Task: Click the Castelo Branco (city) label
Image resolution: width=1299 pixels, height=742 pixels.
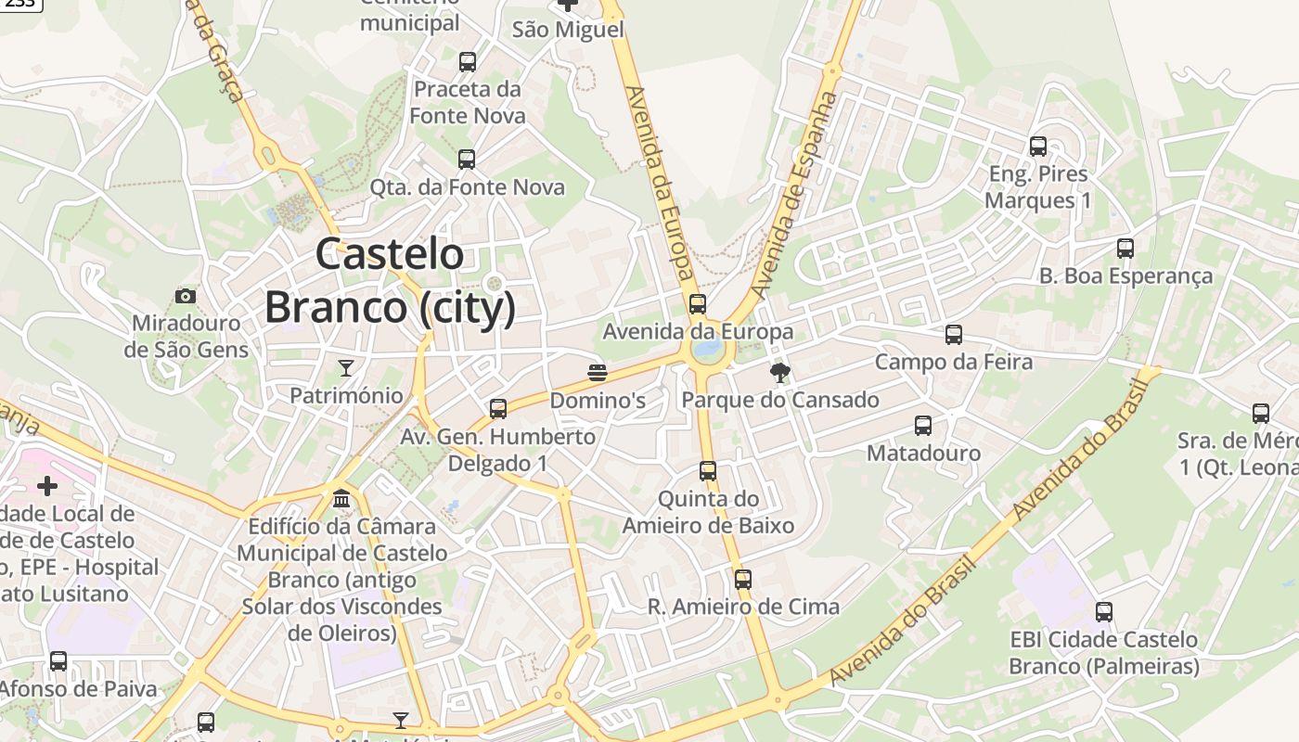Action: point(390,280)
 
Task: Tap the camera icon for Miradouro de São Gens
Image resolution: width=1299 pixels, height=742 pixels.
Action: point(186,296)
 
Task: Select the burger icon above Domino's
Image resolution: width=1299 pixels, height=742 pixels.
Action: point(598,373)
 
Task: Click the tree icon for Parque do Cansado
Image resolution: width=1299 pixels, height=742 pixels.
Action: point(779,373)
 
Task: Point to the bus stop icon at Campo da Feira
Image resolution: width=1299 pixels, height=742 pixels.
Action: point(954,335)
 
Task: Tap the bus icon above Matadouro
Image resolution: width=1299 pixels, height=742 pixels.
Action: point(923,426)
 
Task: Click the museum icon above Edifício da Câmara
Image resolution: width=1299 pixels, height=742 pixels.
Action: point(341,499)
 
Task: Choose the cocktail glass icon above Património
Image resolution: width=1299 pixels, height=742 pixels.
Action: point(346,368)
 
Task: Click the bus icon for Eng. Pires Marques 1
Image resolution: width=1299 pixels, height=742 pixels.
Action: point(1038,147)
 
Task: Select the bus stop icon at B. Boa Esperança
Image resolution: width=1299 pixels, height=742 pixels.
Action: point(1125,249)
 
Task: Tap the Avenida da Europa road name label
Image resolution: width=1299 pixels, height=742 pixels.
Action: point(660,182)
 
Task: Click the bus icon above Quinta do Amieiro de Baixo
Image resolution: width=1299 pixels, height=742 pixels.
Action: point(708,471)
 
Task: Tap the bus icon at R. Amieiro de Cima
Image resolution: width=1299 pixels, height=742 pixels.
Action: point(743,580)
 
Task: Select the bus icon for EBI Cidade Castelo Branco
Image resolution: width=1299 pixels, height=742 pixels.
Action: point(1104,612)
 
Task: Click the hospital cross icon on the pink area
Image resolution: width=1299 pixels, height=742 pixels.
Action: point(47,485)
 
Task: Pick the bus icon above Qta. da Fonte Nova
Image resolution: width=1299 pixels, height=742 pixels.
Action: point(467,160)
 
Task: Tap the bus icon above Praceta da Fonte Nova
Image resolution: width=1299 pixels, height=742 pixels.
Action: point(468,62)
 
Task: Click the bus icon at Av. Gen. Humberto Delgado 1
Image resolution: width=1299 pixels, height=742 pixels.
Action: point(498,409)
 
